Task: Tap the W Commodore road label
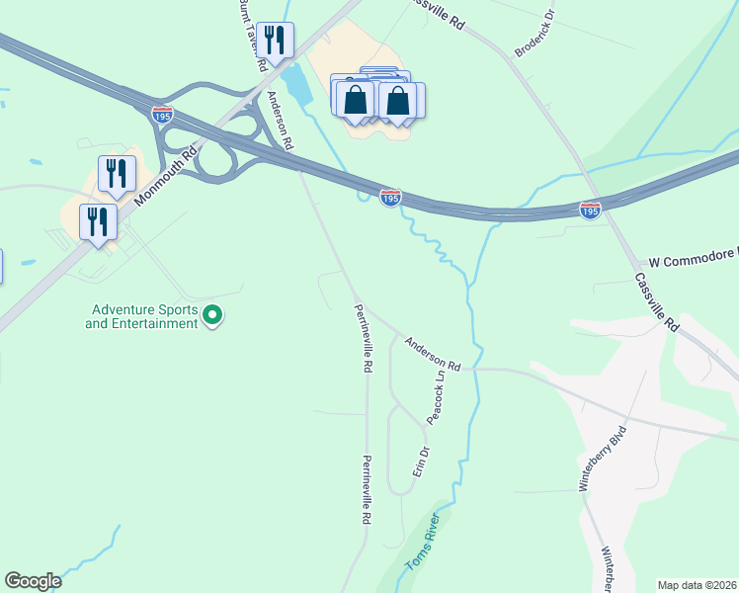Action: [693, 255]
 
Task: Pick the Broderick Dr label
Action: [535, 33]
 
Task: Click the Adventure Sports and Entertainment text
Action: [141, 316]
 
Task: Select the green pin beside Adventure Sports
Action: [212, 316]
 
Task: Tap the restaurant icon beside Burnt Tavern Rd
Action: [275, 41]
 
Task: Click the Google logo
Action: [34, 581]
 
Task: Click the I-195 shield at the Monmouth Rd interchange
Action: [163, 115]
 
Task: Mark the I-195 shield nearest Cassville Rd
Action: [590, 211]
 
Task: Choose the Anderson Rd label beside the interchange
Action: [280, 120]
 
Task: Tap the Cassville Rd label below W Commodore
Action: [658, 302]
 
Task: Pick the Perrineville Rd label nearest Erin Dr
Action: [366, 489]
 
